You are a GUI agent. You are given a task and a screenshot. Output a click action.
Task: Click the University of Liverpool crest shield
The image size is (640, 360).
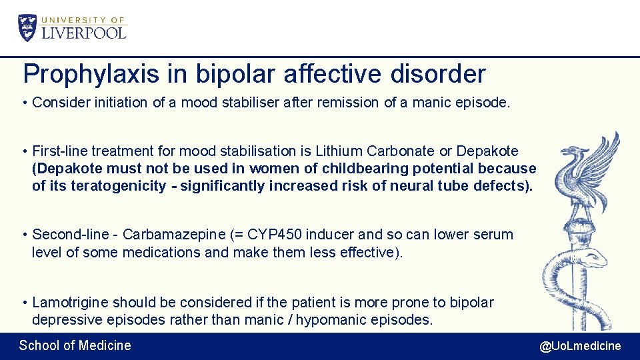(x=28, y=27)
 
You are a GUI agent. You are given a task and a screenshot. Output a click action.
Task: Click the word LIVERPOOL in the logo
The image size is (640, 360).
(x=84, y=32)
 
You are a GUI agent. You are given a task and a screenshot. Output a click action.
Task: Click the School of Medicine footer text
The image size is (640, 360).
(x=75, y=345)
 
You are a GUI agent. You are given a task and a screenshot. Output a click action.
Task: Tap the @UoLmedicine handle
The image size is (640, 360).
(x=580, y=346)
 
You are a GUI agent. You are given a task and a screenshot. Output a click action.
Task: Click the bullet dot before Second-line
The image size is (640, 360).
(x=24, y=235)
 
